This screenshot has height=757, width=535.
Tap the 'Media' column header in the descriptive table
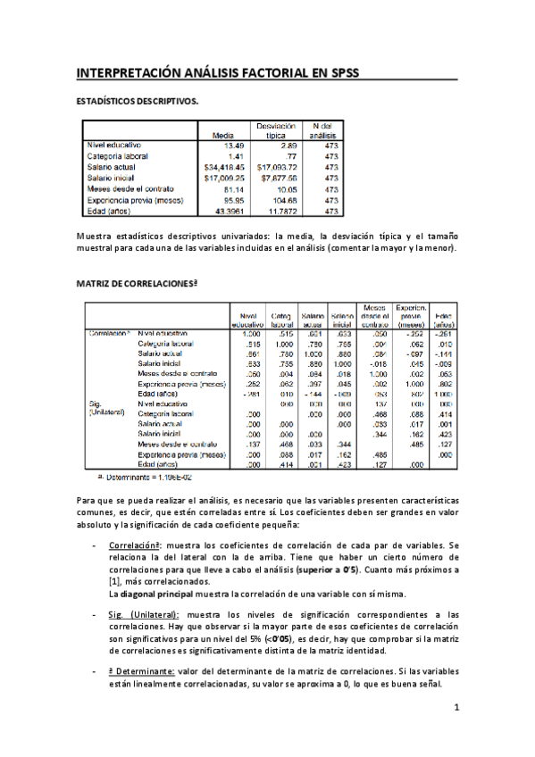222,135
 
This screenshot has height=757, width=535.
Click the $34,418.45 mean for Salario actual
218,166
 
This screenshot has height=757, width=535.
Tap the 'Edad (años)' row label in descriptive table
108,212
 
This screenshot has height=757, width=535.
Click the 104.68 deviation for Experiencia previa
280,200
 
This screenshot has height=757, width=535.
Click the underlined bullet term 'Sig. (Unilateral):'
144,614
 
